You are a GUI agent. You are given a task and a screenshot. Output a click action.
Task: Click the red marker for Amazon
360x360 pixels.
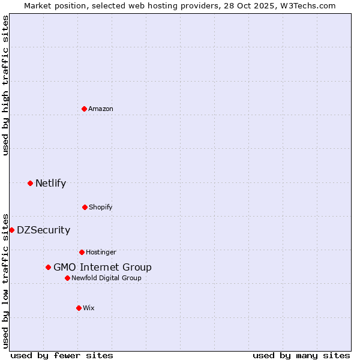pos(84,109)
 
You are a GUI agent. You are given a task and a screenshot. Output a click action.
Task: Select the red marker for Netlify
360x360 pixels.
pos(30,183)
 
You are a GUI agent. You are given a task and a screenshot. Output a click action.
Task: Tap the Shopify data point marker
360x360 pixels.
pos(85,207)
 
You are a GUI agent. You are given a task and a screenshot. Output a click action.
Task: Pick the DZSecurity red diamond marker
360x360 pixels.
pos(11,230)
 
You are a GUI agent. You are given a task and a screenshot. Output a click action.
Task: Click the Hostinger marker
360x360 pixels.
pos(82,252)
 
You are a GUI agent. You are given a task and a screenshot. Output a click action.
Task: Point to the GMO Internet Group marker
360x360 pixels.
pos(48,267)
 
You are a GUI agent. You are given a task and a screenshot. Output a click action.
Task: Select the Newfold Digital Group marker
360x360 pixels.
pos(67,278)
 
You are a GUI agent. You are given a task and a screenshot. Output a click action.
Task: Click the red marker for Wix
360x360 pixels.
pos(79,308)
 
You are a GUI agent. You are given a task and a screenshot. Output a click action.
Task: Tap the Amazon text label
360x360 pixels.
pos(101,109)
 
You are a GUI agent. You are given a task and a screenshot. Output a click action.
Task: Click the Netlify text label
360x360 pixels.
pos(50,183)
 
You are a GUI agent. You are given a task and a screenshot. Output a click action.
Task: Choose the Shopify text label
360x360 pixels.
pos(101,207)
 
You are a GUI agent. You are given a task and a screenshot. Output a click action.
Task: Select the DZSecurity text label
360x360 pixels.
pos(43,230)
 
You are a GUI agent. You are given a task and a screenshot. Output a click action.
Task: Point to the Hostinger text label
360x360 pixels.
pos(101,252)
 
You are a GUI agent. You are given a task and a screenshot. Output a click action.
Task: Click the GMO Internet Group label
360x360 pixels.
pos(103,267)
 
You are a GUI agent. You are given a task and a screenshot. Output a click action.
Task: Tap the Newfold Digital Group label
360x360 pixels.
pos(106,278)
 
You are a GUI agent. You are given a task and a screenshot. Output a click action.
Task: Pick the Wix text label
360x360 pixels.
pos(89,308)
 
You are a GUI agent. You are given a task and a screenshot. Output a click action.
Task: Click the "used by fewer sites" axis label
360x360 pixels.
pos(62,355)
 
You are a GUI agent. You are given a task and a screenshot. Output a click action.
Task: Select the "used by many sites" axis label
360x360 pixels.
pos(301,355)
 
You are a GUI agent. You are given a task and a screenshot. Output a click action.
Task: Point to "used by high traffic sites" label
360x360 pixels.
pos(5,85)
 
